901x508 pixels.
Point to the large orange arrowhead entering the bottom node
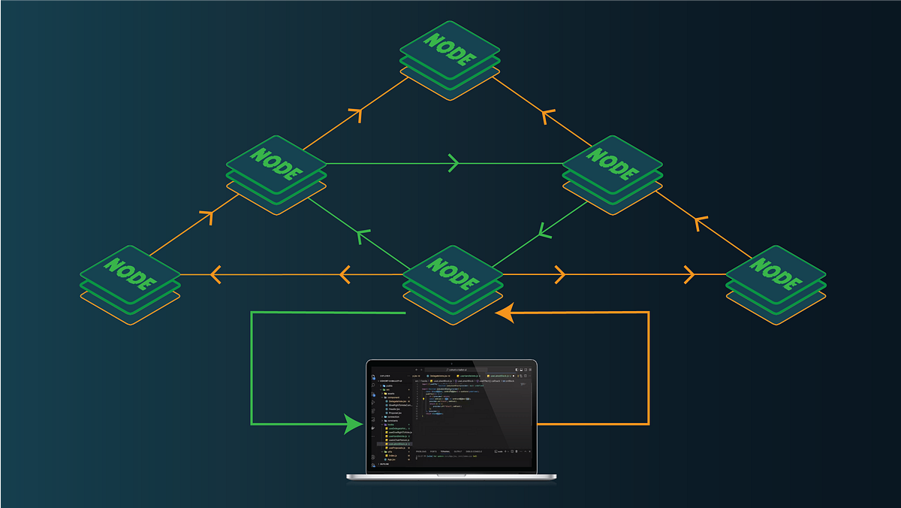tap(505, 312)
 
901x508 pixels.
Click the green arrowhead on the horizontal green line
tap(453, 162)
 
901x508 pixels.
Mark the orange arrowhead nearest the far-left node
tap(215, 275)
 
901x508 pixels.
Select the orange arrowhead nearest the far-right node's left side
tap(688, 275)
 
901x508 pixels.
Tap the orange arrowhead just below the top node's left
tap(355, 115)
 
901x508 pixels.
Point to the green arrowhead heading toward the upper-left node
tap(363, 238)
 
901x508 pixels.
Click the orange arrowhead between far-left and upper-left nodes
tap(206, 218)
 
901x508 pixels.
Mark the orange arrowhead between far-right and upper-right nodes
tap(701, 223)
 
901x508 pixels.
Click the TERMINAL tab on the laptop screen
tap(444, 452)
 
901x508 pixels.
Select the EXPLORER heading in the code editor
tap(385, 376)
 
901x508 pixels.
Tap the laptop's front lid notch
tap(451, 474)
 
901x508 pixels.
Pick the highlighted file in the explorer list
tap(396, 444)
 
